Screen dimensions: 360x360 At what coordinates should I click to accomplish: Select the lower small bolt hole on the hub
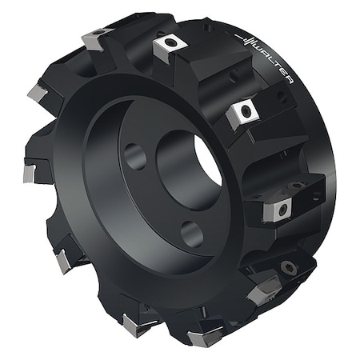click(x=190, y=234)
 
